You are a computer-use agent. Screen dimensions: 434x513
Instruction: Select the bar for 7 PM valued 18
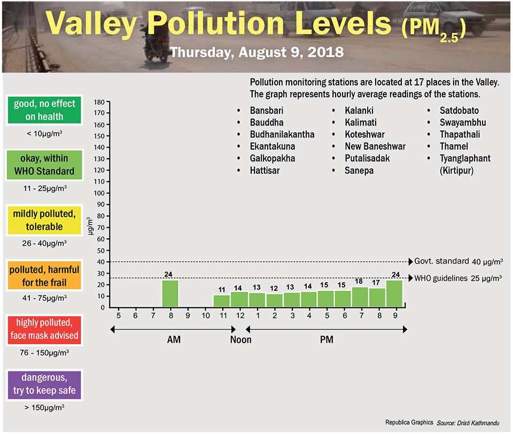(360, 297)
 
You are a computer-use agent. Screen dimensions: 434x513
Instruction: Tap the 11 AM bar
(222, 301)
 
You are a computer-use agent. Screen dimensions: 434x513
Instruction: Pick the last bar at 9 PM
(395, 294)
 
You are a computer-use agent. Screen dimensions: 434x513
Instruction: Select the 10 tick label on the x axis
(206, 316)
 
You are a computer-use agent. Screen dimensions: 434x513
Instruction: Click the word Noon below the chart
(240, 339)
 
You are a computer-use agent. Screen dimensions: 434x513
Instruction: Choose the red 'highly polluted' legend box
(44, 330)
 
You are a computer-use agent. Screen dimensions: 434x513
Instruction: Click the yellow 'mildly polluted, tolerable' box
(44, 220)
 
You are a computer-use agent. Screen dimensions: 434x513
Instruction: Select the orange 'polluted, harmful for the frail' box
(44, 275)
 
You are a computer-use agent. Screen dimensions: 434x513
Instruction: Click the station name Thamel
(454, 146)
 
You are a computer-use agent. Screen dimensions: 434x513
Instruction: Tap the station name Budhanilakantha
(282, 134)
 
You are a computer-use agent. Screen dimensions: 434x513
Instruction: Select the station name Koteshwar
(364, 134)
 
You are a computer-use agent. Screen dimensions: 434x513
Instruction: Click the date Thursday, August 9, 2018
(256, 53)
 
